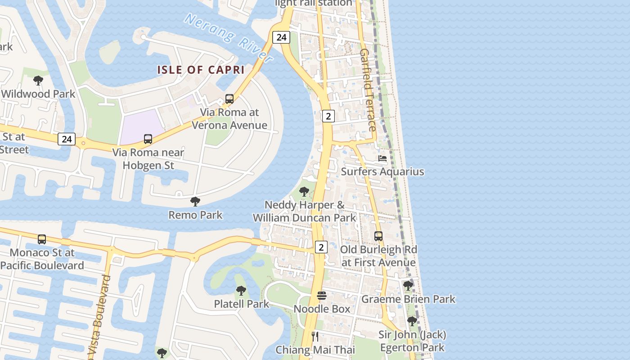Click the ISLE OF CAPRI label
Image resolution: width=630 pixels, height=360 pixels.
(x=201, y=70)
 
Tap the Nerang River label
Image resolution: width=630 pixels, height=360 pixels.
(x=229, y=38)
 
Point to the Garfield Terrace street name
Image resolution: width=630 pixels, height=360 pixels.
(x=368, y=90)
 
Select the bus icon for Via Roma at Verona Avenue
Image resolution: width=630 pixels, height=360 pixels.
(x=229, y=99)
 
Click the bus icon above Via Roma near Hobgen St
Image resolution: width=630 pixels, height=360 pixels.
(x=148, y=139)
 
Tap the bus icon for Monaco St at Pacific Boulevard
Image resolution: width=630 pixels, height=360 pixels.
(x=42, y=239)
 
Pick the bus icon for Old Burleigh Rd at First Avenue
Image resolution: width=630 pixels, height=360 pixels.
(x=378, y=236)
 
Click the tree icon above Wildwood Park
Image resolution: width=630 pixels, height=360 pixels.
(x=38, y=81)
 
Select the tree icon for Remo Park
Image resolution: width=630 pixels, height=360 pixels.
(x=195, y=201)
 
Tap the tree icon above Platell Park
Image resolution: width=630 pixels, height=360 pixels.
(x=241, y=291)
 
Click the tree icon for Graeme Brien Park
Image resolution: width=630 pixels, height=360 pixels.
(x=408, y=285)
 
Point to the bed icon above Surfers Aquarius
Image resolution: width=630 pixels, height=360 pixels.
(x=382, y=158)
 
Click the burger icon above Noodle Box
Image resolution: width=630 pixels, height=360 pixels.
(x=322, y=296)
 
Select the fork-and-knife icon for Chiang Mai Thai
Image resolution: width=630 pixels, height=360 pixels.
(x=315, y=336)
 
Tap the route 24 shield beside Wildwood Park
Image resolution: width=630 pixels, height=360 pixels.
(x=67, y=139)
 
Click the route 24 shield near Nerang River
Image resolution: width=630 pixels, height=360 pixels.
(x=282, y=37)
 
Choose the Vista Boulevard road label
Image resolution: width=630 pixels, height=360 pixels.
(x=101, y=317)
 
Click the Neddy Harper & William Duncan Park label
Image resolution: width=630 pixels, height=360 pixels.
(x=304, y=211)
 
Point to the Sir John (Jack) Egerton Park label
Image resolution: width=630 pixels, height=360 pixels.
(x=412, y=341)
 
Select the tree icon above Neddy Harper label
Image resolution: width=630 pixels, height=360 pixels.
(x=304, y=191)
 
